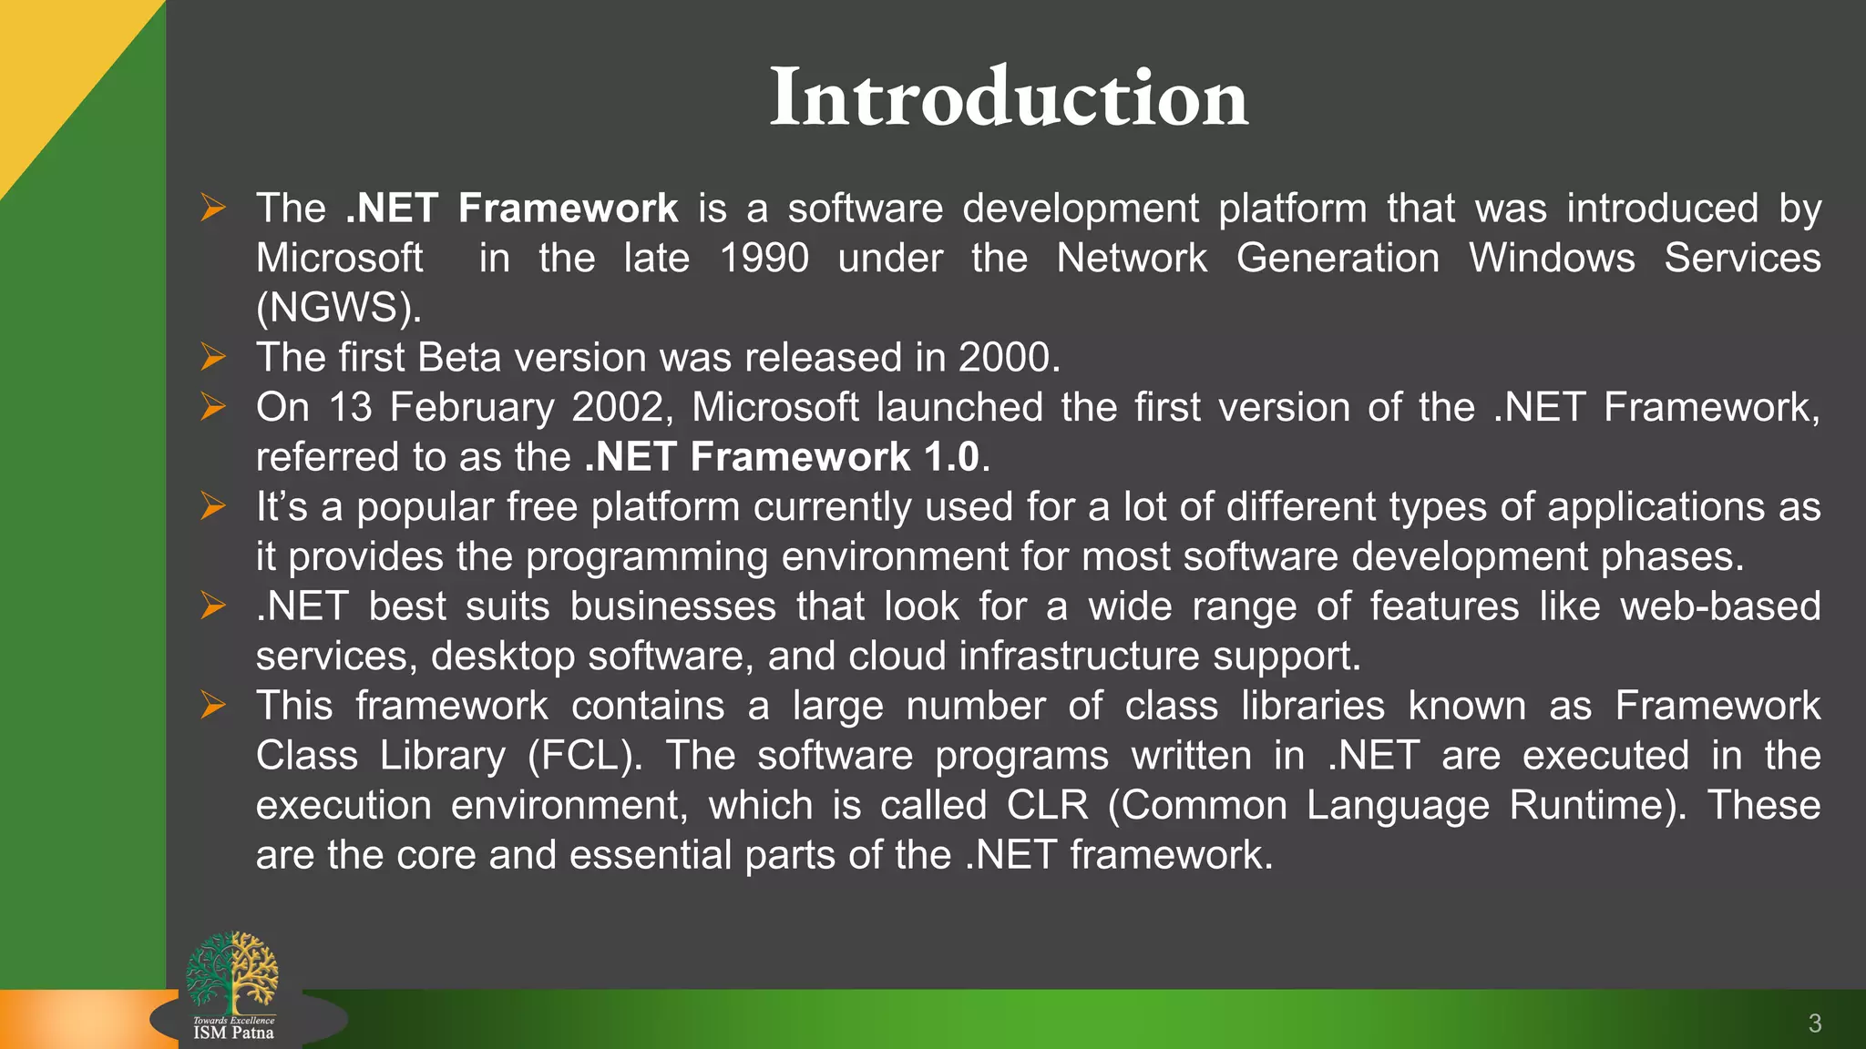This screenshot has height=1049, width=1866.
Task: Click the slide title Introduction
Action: (1009, 97)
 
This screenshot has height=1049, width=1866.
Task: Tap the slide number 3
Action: (1814, 1024)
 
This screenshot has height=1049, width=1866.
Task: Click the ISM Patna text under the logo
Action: (233, 1034)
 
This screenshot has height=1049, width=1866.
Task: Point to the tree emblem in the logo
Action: (232, 972)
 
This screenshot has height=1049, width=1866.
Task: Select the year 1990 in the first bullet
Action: (764, 259)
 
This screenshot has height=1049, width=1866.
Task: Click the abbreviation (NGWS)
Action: (338, 308)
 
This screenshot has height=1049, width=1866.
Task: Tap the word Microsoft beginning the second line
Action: (339, 259)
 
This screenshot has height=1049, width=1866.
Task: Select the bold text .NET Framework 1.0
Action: (782, 457)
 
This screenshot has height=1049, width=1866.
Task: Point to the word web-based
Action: (1719, 606)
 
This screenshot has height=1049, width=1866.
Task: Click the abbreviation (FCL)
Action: (584, 756)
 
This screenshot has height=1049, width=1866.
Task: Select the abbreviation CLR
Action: (1047, 806)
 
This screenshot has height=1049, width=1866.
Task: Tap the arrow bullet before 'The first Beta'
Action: (213, 357)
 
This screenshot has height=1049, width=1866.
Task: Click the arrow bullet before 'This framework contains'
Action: (213, 705)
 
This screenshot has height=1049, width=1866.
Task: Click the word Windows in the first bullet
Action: (1552, 259)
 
